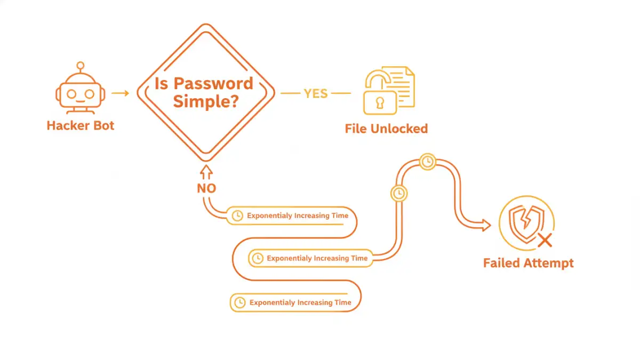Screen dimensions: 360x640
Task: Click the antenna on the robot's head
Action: pyautogui.click(x=81, y=67)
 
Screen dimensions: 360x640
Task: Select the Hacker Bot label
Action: pyautogui.click(x=81, y=126)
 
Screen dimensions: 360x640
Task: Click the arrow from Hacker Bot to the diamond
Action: pyautogui.click(x=121, y=93)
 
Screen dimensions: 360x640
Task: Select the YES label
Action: pyautogui.click(x=316, y=93)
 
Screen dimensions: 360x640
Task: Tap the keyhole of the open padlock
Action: pyautogui.click(x=380, y=102)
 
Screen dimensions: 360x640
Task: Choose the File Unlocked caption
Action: pyautogui.click(x=386, y=129)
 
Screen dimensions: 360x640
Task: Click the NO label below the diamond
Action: pyautogui.click(x=206, y=188)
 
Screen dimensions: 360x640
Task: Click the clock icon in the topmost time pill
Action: pyautogui.click(x=237, y=216)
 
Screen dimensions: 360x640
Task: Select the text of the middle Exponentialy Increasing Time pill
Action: pyautogui.click(x=317, y=258)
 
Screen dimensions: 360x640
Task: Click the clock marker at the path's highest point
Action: pyautogui.click(x=427, y=162)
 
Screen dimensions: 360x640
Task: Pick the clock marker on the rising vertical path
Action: pyautogui.click(x=398, y=193)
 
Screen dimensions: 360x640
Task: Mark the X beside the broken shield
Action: pyautogui.click(x=545, y=241)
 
